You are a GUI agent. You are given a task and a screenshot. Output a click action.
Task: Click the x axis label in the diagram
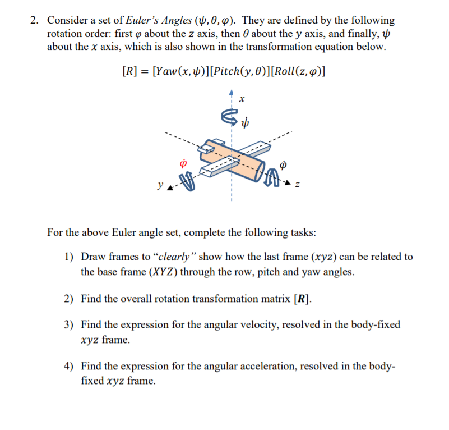tap(242, 99)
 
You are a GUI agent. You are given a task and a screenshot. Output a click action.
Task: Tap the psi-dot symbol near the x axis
tap(244, 122)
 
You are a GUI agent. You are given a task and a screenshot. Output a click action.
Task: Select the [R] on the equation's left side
tap(131, 72)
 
